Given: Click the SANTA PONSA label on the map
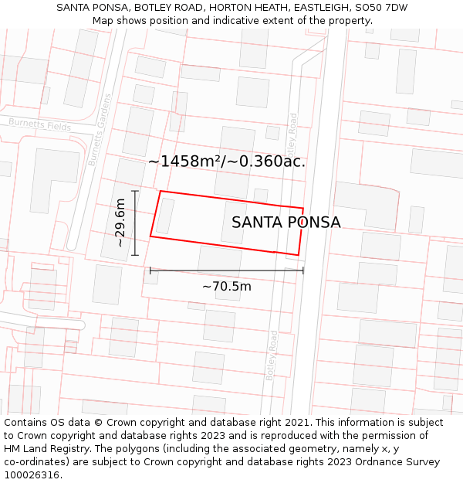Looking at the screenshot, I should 286,223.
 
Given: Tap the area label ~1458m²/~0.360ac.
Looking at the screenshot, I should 227,162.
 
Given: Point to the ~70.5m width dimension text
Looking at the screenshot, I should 227,287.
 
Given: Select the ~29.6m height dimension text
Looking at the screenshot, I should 120,223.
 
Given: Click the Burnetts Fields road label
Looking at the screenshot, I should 39,124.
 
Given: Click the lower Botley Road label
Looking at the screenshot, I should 271,355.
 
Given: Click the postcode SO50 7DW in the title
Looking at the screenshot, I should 382,8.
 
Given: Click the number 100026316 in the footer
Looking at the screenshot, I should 30,475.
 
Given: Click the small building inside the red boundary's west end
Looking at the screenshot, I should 164,216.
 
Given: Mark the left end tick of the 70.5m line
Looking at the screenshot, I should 150,270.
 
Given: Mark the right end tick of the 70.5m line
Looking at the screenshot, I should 303,270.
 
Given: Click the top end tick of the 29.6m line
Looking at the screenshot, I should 135,191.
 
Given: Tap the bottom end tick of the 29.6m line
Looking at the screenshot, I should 135,255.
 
